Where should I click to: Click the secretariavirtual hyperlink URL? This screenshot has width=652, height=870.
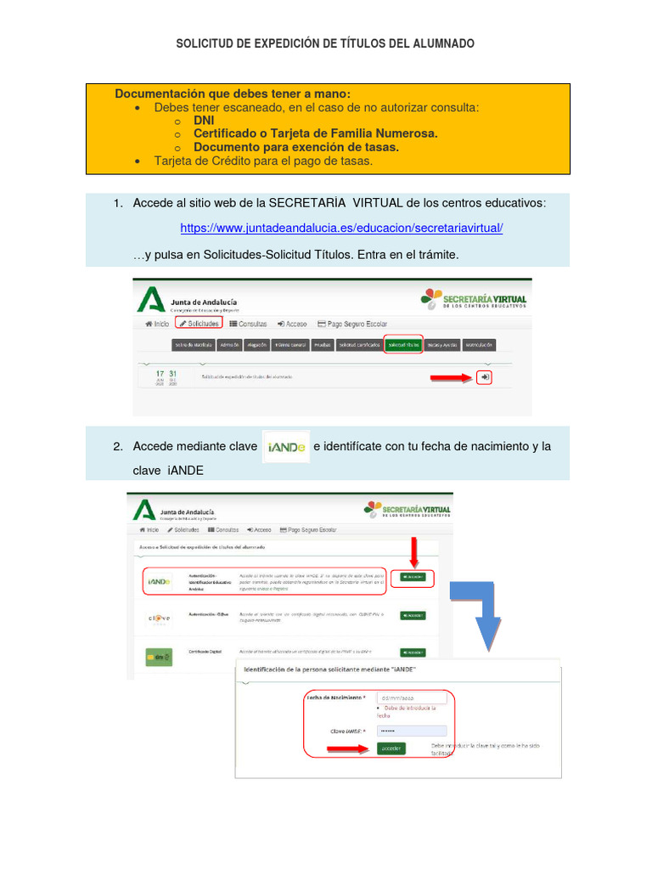click(x=342, y=229)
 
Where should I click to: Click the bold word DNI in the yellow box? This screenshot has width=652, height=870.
click(x=204, y=121)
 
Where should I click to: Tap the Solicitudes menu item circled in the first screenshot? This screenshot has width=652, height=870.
click(x=198, y=324)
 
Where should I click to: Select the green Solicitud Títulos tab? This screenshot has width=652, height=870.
click(x=404, y=345)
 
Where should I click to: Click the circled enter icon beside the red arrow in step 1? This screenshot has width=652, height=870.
click(x=484, y=377)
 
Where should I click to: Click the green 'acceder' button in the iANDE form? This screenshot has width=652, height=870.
click(x=391, y=749)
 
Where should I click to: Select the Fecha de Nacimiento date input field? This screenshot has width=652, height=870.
click(x=411, y=698)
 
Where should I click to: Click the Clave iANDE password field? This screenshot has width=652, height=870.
click(x=411, y=731)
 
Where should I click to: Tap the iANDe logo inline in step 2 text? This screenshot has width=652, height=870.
click(x=286, y=447)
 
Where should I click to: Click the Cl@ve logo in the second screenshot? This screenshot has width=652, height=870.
click(x=159, y=618)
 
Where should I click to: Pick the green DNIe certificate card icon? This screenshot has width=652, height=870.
click(x=158, y=655)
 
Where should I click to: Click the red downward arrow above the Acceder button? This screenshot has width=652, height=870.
click(x=414, y=552)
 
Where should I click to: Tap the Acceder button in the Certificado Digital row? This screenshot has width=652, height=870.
click(x=413, y=652)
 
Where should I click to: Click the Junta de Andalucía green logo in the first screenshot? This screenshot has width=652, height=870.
click(x=151, y=301)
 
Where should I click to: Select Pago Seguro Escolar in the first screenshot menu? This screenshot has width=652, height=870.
click(x=351, y=324)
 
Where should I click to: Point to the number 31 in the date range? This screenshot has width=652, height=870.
click(x=172, y=374)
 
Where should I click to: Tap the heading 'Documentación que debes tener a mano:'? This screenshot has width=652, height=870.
click(x=232, y=93)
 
